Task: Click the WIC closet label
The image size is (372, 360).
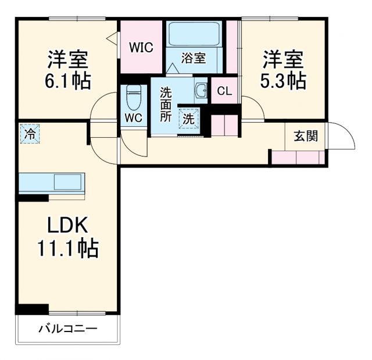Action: click(141, 47)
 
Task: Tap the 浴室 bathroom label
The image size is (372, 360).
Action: click(193, 58)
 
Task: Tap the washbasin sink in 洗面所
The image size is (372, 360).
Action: click(201, 91)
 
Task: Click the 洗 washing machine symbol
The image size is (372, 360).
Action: click(189, 118)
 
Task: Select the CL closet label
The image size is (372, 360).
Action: click(224, 91)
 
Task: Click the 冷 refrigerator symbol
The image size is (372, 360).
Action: click(29, 133)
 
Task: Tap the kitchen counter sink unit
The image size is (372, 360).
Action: click(52, 182)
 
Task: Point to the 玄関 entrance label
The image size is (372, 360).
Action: click(305, 137)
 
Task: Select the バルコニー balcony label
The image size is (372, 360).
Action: click(68, 329)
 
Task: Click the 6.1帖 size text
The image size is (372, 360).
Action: click(68, 81)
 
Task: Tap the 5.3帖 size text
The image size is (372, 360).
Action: click(284, 81)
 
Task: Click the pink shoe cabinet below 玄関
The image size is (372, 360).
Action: click(298, 157)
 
